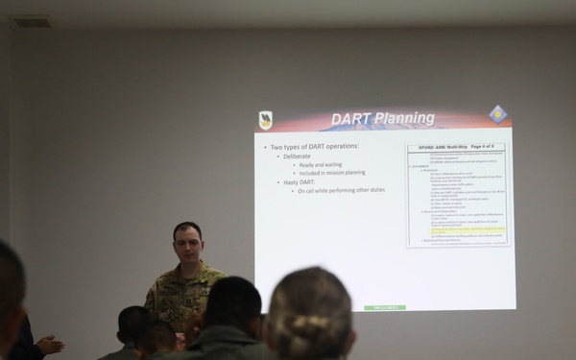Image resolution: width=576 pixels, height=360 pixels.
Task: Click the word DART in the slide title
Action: [x=351, y=120]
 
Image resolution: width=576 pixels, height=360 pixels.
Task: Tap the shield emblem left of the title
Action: [x=266, y=120]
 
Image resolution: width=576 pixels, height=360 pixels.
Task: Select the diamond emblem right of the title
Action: [x=497, y=114]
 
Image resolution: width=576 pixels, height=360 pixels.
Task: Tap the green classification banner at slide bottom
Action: [x=384, y=307]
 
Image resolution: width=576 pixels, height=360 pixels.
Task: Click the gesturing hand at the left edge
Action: [x=48, y=343]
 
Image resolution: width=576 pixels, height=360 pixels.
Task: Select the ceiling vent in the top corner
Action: [x=33, y=21]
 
